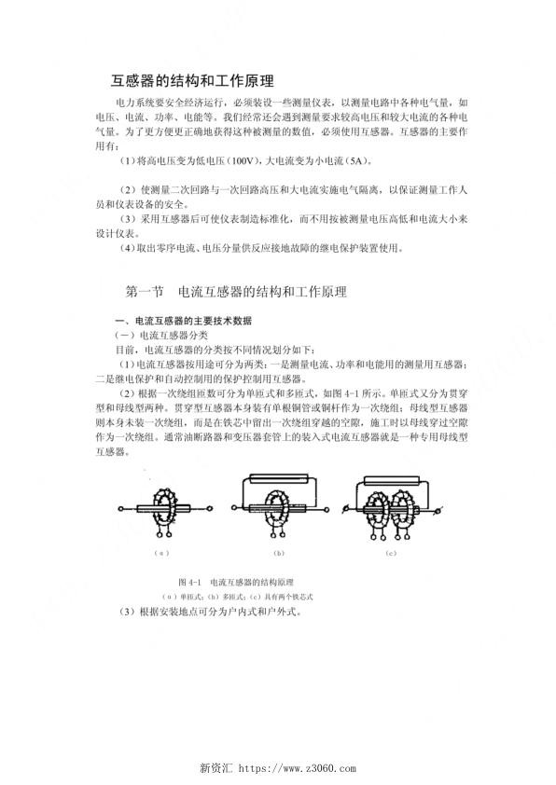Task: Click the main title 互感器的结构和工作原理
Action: coord(192,80)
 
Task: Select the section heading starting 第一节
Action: coord(235,292)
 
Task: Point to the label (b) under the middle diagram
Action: coord(278,553)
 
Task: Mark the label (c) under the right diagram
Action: coord(391,553)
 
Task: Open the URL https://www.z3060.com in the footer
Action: coord(299,768)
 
